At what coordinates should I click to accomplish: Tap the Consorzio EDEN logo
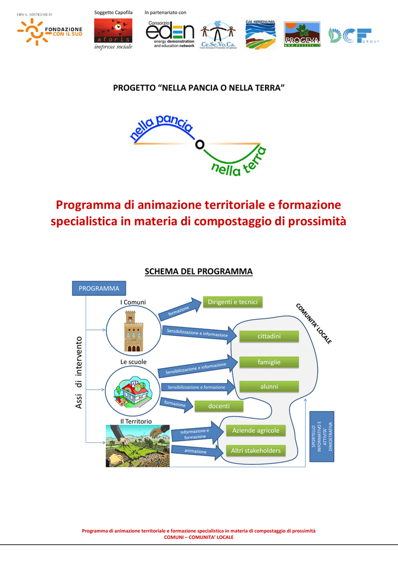coord(170,34)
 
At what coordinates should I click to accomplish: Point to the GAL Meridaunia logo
coord(261,34)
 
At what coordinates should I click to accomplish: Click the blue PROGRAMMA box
coord(99,288)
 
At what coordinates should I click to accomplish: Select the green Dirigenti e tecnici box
coord(233,302)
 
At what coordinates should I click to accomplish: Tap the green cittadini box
coord(269,336)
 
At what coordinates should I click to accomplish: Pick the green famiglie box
coord(269,362)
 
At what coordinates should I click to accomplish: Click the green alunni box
coord(269,387)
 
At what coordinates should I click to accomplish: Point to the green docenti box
coord(218,406)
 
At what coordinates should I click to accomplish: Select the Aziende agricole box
coord(256,430)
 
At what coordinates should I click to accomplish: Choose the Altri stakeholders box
coord(256,451)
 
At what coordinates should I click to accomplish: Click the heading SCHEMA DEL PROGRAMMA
coord(198,272)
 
